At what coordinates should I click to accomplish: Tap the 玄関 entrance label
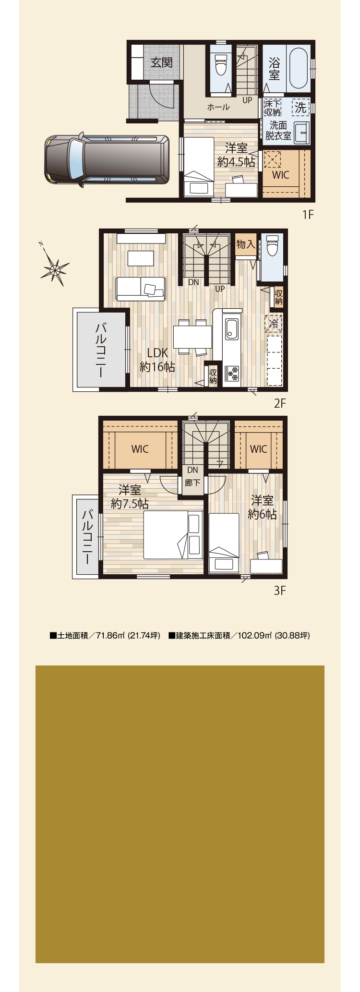pos(161,62)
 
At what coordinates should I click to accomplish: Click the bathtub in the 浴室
pos(299,67)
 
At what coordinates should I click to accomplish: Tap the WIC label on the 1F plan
pos(281,175)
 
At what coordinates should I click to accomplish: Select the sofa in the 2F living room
pos(141,289)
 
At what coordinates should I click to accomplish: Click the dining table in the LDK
pos(192,337)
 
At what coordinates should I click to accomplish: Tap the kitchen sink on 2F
pos(232,329)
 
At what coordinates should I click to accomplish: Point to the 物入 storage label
pos(246,244)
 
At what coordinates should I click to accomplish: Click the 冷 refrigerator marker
pos(274,324)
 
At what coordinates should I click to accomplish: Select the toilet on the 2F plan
pos(272,246)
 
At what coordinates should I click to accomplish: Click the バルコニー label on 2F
pos(101,350)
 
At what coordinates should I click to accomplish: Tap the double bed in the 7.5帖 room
pos(173,534)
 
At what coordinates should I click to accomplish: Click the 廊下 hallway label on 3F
pos(192,483)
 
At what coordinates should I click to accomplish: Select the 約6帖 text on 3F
pos(262,514)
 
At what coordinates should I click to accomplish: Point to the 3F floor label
pos(280,590)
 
